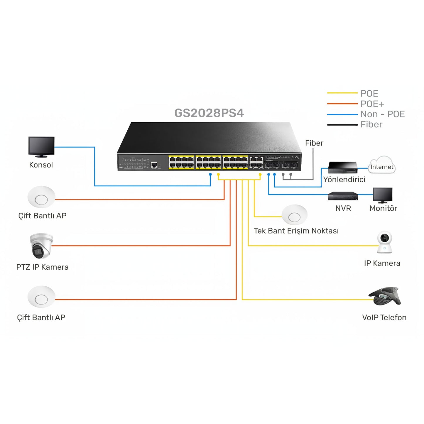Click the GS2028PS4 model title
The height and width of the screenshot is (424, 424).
[209, 113]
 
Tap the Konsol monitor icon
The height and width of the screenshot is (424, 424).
[41, 146]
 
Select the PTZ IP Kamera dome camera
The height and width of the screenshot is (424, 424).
[41, 246]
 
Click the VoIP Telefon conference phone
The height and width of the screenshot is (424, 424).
[385, 296]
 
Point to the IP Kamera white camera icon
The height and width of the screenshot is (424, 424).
[384, 242]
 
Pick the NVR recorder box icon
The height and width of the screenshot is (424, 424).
[343, 196]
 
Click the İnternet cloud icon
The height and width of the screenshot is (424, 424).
[382, 165]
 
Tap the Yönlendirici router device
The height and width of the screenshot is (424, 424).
[343, 167]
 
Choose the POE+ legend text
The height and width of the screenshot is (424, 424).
[372, 104]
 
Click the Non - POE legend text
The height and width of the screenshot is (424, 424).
[383, 114]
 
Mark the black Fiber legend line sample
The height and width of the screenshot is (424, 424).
[342, 125]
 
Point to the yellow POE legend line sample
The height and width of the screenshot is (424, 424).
[342, 93]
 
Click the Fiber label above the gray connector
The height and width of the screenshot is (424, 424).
[314, 143]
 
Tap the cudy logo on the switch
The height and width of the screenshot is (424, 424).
[295, 157]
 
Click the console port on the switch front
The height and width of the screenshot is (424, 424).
[154, 165]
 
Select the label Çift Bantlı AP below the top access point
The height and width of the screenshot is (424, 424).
[42, 216]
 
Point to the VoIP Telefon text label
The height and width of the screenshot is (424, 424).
[384, 317]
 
